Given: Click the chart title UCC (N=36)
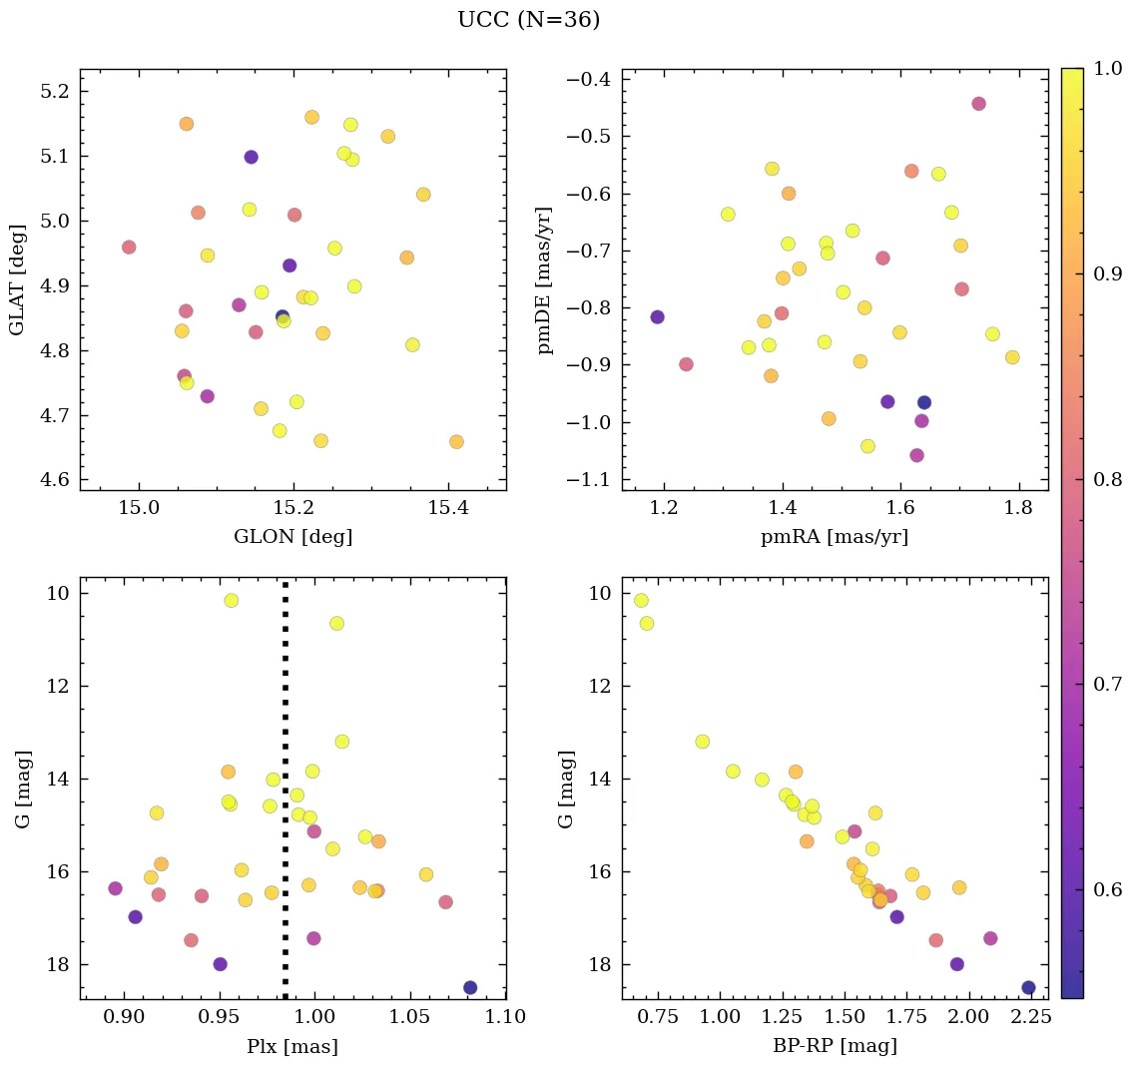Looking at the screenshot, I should point(528,20).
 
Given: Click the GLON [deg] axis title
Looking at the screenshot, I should point(292,537).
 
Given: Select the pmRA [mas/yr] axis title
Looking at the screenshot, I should point(835,537).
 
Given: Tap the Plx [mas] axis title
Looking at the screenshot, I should point(292,1046).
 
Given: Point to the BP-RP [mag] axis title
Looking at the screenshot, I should point(835,1046).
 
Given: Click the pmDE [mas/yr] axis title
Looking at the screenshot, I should point(545,279).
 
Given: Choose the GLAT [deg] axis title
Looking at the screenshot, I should point(16,279).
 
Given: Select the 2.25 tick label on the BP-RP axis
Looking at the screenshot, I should point(1030,1018).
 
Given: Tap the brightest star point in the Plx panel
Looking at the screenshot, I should point(232,601).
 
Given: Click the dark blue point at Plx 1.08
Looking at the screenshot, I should point(470,987).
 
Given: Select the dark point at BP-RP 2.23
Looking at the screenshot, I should point(1028,987).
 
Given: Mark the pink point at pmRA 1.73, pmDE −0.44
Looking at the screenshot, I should point(978,104).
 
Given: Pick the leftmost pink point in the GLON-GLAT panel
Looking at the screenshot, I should point(129,248).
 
